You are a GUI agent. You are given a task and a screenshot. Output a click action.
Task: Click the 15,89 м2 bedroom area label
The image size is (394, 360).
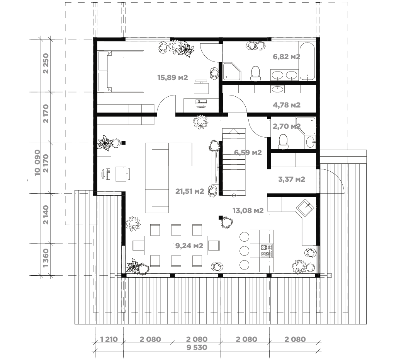click(173, 77)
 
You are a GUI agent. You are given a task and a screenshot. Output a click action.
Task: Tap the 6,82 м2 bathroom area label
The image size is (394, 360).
click(286, 56)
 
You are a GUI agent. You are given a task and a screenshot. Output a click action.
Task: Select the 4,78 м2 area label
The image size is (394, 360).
click(287, 105)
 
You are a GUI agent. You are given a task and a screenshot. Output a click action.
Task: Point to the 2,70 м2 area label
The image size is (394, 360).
click(287, 126)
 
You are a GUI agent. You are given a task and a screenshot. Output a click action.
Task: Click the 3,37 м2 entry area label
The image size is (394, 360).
click(292, 179)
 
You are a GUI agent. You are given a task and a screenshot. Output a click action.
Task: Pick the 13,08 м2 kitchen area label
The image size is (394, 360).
click(248, 211)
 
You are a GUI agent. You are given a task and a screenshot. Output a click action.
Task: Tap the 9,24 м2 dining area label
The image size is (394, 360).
click(189, 246)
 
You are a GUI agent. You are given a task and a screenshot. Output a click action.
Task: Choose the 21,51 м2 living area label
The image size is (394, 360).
click(190, 191)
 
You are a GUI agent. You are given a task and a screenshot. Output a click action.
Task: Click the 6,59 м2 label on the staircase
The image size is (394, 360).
click(248, 153)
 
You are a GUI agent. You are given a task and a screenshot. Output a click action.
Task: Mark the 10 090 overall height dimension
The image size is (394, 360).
click(37, 162)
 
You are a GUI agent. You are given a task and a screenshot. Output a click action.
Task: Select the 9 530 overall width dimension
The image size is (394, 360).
click(197, 348)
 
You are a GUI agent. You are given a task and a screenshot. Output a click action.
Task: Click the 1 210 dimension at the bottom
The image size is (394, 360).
click(109, 340)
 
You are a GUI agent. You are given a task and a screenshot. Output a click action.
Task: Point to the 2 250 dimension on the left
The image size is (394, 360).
click(46, 63)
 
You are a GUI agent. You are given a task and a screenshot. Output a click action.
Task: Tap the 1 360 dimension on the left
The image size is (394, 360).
click(46, 258)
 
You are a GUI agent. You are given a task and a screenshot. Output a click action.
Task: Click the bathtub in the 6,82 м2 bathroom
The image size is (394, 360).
click(307, 61)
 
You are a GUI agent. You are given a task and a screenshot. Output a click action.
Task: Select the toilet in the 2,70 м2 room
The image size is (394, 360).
click(283, 141)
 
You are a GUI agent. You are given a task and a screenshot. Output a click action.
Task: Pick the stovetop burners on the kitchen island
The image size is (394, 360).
click(267, 251)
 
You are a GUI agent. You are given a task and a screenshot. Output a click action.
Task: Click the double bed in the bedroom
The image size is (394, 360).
click(121, 71)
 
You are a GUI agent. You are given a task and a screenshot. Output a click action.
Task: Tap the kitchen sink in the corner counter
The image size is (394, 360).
click(305, 207)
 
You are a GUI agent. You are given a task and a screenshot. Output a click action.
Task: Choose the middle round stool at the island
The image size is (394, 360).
click(244, 251)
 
